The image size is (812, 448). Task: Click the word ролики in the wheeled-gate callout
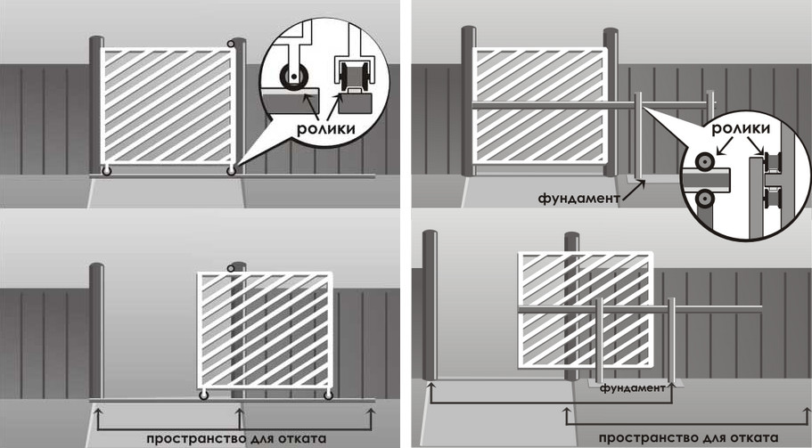click(325, 128)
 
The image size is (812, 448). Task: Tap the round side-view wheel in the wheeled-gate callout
click(293, 77)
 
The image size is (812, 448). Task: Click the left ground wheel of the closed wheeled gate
click(106, 170)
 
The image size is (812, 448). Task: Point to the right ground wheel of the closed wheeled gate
click(231, 170)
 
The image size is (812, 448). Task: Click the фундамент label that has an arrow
click(579, 199)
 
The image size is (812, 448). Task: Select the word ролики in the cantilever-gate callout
click(741, 128)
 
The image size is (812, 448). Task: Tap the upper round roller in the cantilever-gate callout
click(704, 161)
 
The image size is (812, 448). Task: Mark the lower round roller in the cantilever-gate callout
click(704, 198)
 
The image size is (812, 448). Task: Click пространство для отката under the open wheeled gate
click(236, 439)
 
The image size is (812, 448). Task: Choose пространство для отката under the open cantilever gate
click(689, 437)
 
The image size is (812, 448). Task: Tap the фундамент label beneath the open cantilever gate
click(632, 387)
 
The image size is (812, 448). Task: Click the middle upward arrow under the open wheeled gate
click(239, 418)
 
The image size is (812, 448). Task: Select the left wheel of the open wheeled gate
click(203, 395)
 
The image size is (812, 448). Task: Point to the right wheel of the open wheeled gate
click(328, 395)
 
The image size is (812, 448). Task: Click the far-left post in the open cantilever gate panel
click(430, 306)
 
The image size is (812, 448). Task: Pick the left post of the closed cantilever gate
click(469, 101)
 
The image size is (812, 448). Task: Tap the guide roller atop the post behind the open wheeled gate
click(231, 268)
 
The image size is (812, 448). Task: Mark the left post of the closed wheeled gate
click(96, 105)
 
